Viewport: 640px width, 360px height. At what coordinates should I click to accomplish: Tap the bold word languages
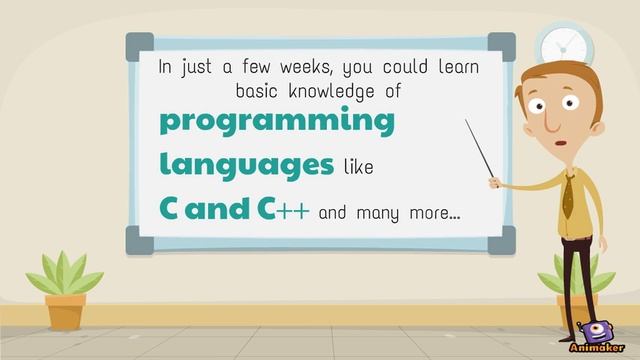(x=246, y=164)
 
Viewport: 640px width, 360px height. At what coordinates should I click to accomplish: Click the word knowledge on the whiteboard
(x=333, y=91)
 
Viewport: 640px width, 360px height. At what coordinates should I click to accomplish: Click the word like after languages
(x=358, y=167)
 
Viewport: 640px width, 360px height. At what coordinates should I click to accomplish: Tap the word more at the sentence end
(x=429, y=212)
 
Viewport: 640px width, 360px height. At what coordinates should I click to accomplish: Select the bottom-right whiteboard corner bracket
(x=501, y=239)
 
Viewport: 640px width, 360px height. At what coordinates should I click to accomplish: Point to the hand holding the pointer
(x=495, y=181)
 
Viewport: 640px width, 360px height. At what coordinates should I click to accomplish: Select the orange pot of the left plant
(x=65, y=310)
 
